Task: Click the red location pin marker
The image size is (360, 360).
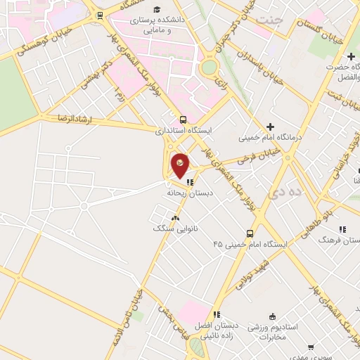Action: (x=180, y=165)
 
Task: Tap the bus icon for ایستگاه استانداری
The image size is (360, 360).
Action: (x=183, y=119)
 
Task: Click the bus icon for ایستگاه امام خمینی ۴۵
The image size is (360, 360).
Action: (x=250, y=233)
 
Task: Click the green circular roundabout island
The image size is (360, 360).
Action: (x=209, y=68)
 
